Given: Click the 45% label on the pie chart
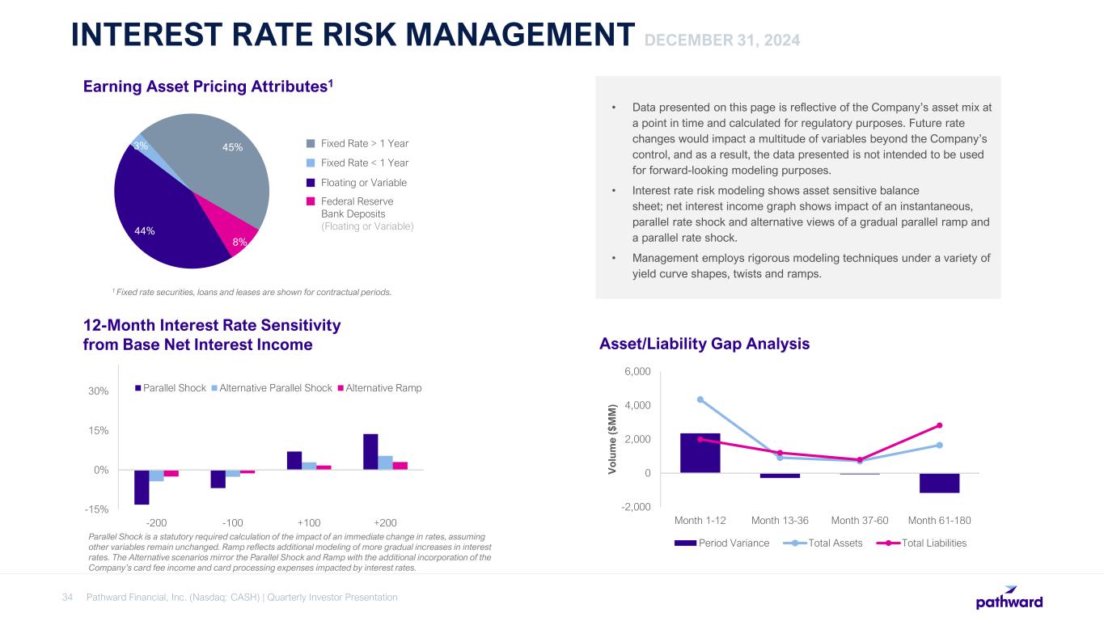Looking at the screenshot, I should point(233,147).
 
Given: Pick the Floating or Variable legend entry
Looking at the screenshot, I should point(363,183).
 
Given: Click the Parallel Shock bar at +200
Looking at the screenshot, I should point(370,451).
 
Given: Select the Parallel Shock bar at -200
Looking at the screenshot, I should point(142,487).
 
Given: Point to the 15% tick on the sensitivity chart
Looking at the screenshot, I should point(98,430).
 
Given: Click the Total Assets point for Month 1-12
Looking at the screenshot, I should point(700,399).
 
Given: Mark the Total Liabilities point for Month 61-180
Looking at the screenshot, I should point(939,425).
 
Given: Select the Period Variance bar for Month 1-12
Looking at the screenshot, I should point(700,453).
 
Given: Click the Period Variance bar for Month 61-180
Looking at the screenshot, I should point(939,483).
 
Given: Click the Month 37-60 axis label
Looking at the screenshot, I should point(860,519).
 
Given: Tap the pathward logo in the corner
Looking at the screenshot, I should point(1009,598).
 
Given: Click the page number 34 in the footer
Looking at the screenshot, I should point(68,598).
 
